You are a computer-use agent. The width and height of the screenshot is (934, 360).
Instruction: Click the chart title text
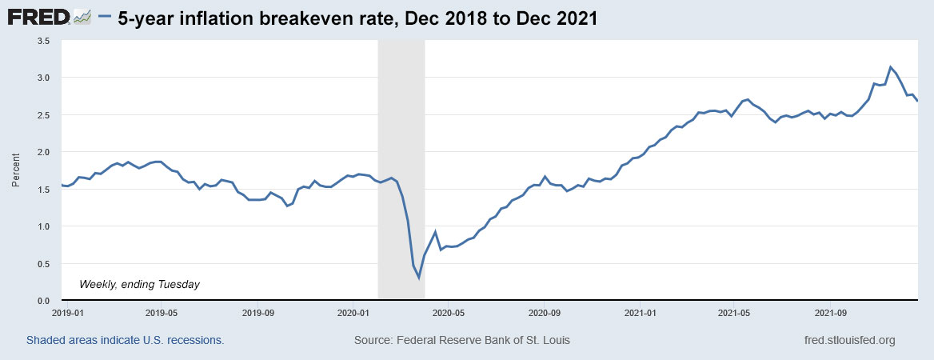pos(357,18)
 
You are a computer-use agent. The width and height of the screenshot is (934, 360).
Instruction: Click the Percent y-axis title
pos(16,170)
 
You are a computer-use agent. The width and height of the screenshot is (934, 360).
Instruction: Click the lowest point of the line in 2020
pos(419,278)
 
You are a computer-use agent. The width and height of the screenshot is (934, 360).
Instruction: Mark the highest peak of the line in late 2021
pos(890,67)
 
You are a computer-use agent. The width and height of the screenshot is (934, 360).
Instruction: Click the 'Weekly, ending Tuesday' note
pos(139,284)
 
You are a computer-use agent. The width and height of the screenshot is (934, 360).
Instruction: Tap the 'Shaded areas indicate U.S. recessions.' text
pos(125,340)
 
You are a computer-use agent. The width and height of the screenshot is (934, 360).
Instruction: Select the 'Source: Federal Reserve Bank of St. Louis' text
pos(461,340)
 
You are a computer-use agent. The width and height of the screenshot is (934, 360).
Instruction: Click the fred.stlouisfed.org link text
pos(849,340)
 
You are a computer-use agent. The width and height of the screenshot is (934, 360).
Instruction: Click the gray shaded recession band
pos(400,120)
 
